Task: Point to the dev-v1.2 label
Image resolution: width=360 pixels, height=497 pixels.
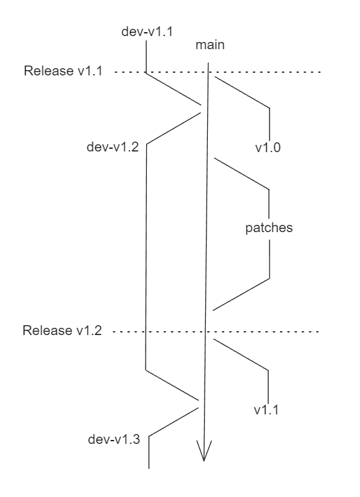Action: point(112,147)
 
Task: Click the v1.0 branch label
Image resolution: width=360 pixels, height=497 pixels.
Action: point(268,148)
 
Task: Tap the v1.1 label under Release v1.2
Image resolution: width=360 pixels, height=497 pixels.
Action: point(268,410)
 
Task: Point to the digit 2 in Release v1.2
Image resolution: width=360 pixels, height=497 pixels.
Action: point(100,330)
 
